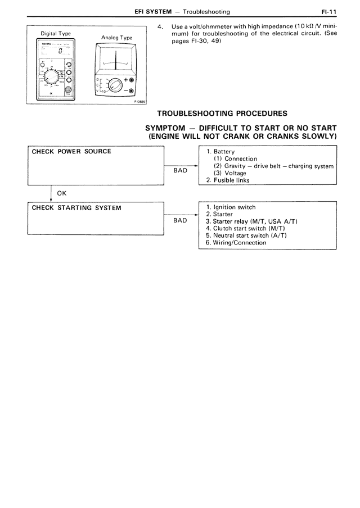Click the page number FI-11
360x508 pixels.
(x=328, y=12)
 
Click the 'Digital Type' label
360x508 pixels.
(x=56, y=33)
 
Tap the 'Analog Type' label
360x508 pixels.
(x=116, y=38)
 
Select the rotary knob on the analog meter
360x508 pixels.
(x=115, y=86)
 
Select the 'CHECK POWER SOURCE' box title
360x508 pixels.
(x=71, y=151)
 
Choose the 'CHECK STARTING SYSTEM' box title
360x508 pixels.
(x=76, y=207)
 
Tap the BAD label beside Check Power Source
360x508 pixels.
(x=180, y=170)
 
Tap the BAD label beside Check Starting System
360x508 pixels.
(x=180, y=221)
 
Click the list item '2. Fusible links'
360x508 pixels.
(x=228, y=180)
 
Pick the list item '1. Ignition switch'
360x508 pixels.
(x=231, y=207)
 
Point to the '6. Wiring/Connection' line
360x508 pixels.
(x=236, y=243)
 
